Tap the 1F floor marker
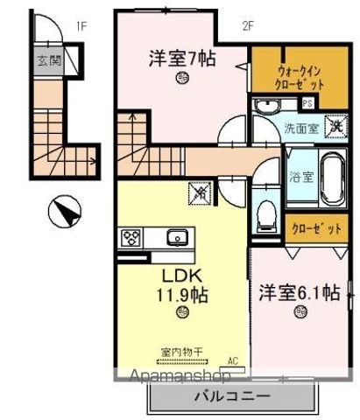(81, 25)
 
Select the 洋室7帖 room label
(181, 59)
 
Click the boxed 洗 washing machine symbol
(334, 124)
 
